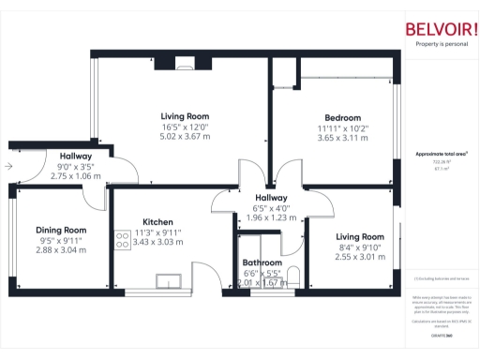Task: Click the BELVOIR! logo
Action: click(434, 28)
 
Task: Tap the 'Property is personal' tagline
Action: click(434, 44)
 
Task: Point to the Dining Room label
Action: click(61, 230)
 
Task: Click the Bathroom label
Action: click(262, 262)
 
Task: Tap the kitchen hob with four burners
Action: click(121, 240)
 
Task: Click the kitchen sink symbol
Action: click(170, 280)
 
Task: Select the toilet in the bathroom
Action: click(292, 275)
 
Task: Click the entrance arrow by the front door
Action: click(9, 166)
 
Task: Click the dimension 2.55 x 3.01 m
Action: click(360, 257)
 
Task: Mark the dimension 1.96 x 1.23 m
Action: click(271, 217)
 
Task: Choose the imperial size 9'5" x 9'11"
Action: click(61, 240)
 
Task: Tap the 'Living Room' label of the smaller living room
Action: click(360, 236)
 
